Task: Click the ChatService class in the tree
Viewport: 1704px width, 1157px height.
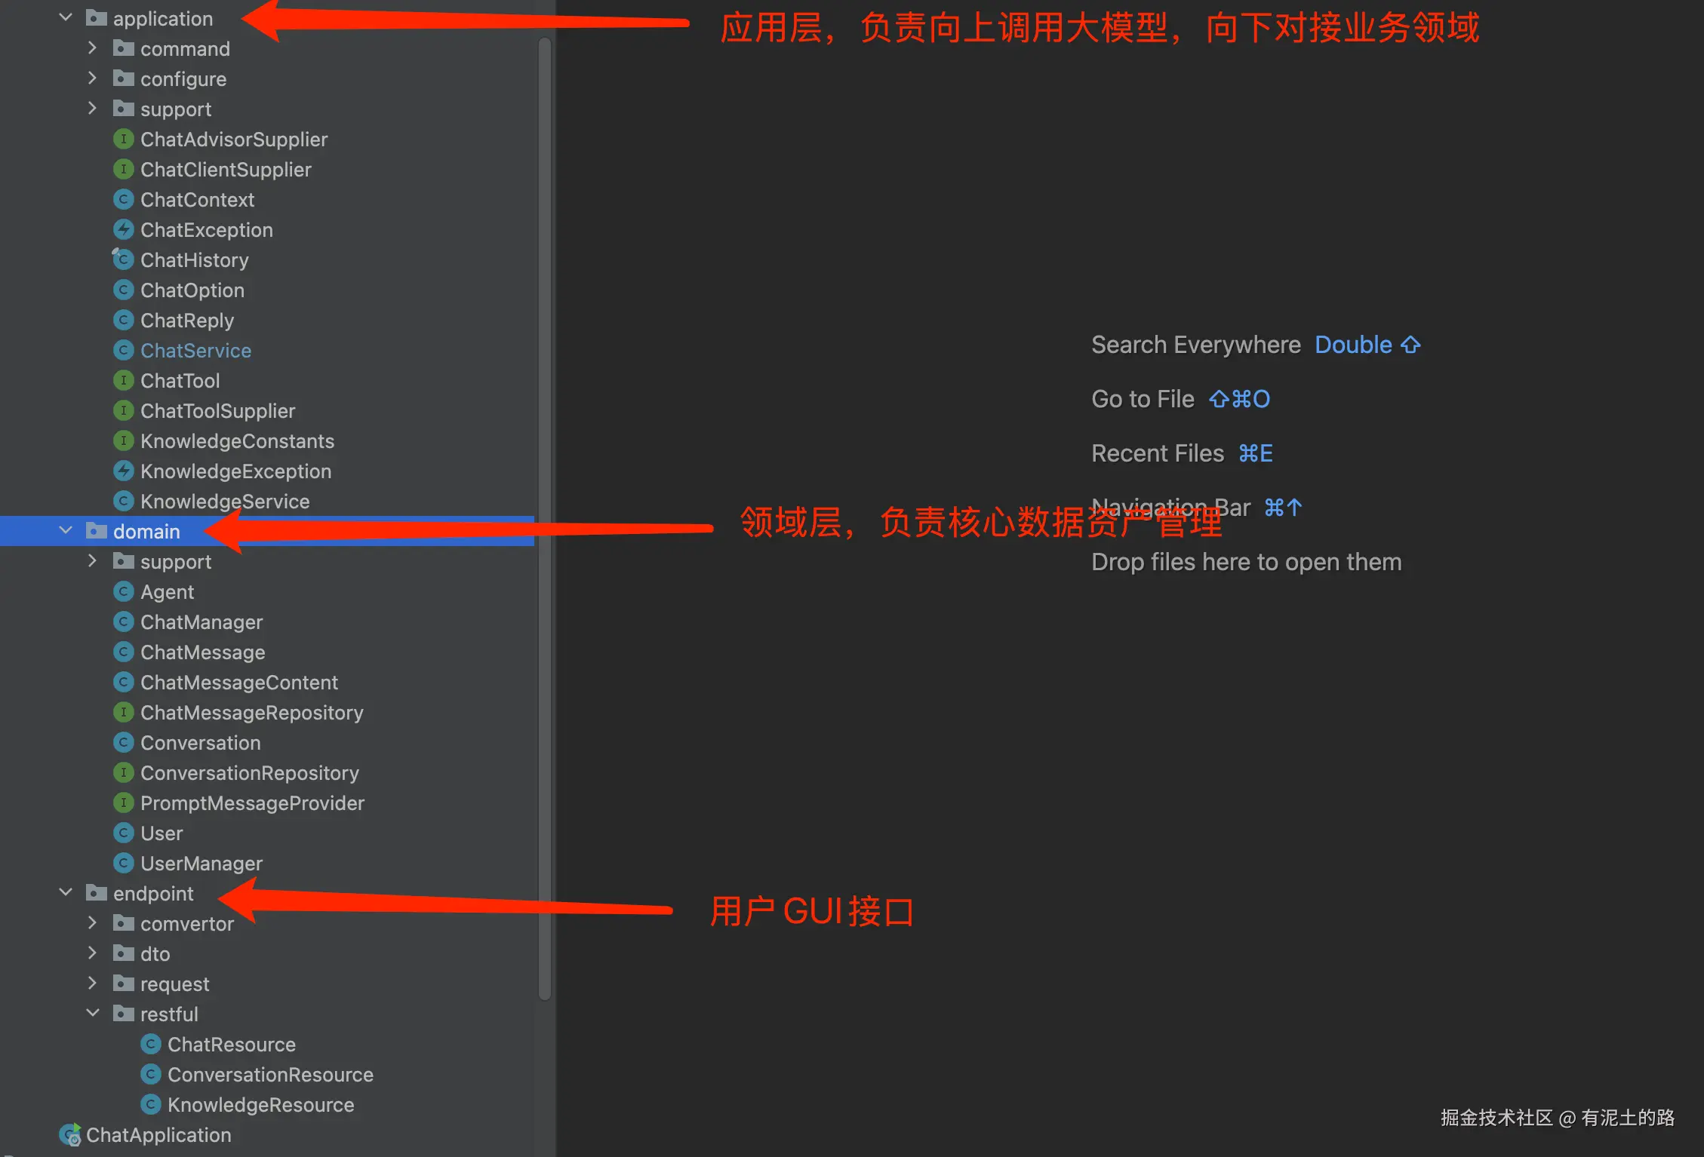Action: pos(195,351)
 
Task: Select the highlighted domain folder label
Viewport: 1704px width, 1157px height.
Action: pos(146,532)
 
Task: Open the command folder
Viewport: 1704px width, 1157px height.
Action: pos(185,49)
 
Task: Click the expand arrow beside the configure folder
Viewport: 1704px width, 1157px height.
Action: pos(92,78)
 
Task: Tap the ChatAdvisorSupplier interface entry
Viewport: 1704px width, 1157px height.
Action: pos(234,140)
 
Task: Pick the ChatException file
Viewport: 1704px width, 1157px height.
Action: pos(206,230)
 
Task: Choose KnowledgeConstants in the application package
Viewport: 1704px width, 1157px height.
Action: pos(237,441)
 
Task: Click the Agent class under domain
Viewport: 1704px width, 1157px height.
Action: pos(167,592)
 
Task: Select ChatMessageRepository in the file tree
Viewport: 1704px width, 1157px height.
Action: pos(251,713)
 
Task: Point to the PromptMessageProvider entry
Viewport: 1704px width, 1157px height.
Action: pos(252,803)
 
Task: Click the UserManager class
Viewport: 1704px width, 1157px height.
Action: pos(201,864)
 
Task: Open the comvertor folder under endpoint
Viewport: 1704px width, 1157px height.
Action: pos(186,924)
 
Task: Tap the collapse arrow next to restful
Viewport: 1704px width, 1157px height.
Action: pos(92,1013)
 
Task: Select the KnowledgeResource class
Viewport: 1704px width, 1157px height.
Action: pos(260,1105)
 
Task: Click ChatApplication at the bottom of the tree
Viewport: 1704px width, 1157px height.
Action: pos(158,1135)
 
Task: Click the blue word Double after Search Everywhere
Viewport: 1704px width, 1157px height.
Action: pos(1353,345)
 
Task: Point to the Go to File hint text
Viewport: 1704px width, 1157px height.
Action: pos(1143,399)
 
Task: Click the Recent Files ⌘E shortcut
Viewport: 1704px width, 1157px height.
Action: pos(1255,453)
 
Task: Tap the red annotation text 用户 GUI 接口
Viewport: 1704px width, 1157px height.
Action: pos(812,912)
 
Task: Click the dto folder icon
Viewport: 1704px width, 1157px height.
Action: pos(123,953)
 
